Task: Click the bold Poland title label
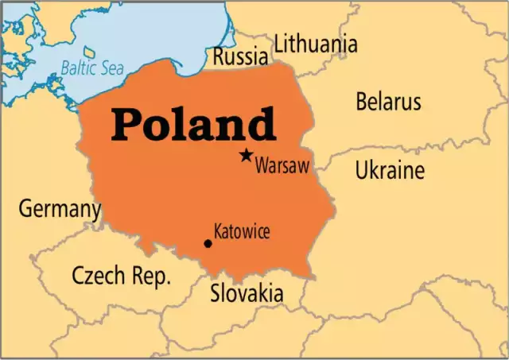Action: click(193, 125)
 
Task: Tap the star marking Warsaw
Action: click(247, 155)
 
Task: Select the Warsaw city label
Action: click(282, 167)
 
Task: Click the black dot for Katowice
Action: click(208, 243)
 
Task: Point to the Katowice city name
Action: click(242, 232)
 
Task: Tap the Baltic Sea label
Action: click(92, 68)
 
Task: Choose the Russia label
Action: click(239, 56)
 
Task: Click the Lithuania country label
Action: click(316, 45)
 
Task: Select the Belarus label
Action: click(388, 102)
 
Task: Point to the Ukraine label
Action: click(390, 170)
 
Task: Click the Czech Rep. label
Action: click(121, 276)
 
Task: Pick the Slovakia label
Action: click(246, 293)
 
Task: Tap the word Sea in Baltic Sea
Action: click(112, 68)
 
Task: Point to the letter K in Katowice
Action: click(218, 232)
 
